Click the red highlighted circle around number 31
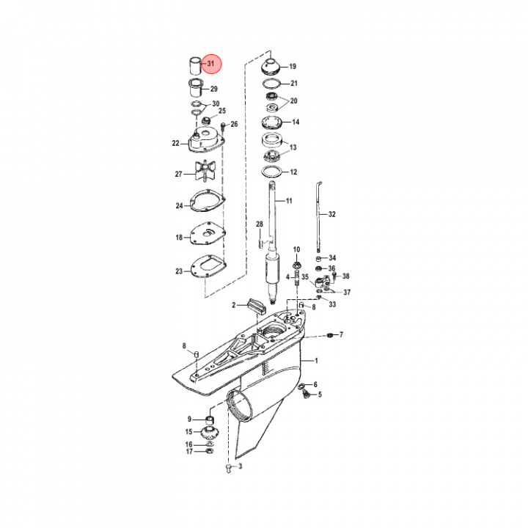point(211,65)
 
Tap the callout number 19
point(292,66)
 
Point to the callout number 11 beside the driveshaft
point(288,201)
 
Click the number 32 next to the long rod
point(331,215)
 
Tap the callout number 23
point(178,271)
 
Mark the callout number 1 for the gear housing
point(316,361)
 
